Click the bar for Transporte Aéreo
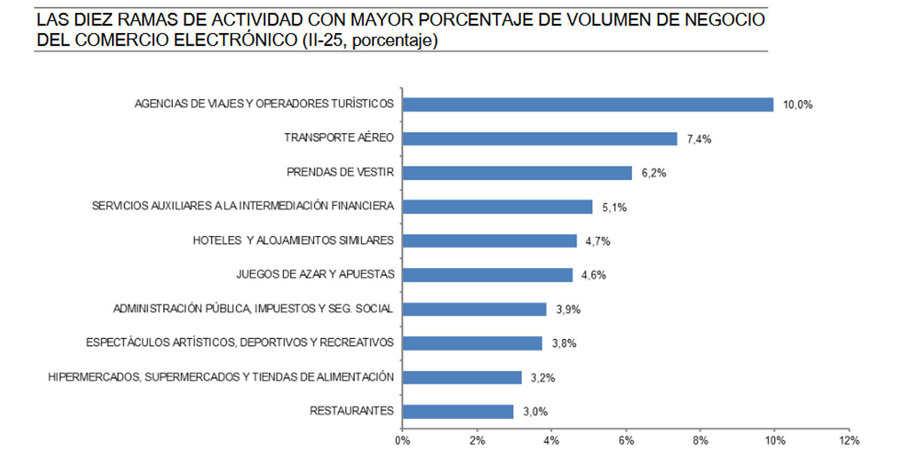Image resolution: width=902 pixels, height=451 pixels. point(540,138)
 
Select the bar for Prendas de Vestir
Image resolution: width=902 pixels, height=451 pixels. point(516,173)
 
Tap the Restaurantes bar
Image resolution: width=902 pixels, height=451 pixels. point(457,411)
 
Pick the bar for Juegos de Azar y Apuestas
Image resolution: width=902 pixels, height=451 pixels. point(487,275)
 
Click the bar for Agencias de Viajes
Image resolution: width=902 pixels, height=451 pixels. point(588,104)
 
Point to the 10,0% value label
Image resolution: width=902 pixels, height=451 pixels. point(798,105)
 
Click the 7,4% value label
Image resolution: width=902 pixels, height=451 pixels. point(701,139)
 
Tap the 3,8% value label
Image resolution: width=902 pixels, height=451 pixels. point(564,344)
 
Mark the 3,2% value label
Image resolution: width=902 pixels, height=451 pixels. point(543,378)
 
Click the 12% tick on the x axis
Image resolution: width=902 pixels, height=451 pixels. point(849,440)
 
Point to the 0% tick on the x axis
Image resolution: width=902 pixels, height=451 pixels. point(402,440)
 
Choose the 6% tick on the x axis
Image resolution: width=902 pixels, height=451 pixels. point(625,440)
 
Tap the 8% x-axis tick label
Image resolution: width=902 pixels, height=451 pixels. point(700,440)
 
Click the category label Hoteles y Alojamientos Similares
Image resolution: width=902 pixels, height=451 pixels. point(293,241)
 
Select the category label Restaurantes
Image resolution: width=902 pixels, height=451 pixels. point(352,411)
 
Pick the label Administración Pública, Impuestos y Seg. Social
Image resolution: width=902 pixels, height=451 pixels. point(253,309)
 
